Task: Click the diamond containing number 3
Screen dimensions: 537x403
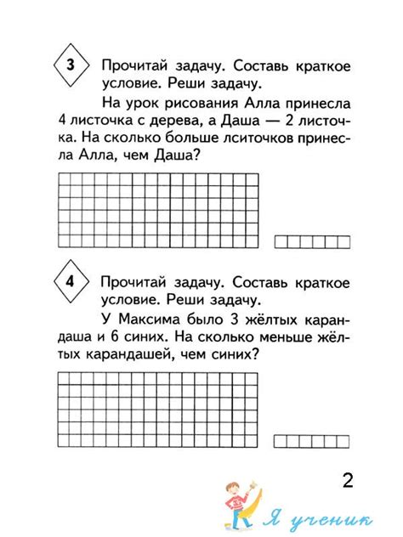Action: click(71, 65)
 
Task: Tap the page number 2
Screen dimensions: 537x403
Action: click(347, 480)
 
